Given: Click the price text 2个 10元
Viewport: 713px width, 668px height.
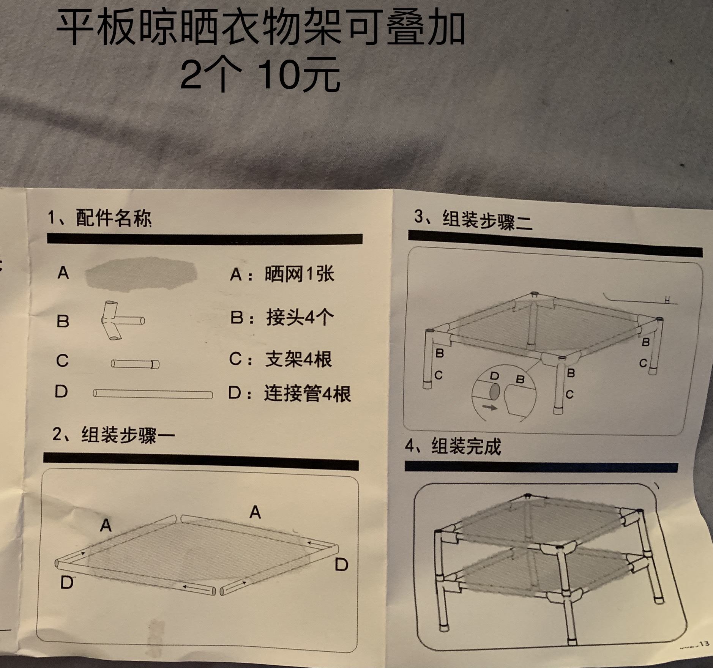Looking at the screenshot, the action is (260, 74).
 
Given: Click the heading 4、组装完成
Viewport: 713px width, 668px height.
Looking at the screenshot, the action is (453, 446).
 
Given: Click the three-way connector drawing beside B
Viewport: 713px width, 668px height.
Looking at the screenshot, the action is (121, 320).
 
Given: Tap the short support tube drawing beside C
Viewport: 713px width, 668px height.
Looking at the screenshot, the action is (135, 364).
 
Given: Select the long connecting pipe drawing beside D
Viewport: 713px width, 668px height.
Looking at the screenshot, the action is (153, 394).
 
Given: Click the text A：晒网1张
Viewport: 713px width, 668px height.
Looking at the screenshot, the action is (282, 274).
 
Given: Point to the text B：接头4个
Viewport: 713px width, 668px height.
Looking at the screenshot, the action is (282, 317).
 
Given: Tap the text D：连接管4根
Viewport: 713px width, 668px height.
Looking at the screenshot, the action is (289, 393).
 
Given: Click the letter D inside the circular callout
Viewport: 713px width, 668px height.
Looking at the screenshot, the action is (494, 377).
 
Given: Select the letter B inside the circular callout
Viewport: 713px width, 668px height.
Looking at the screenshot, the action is (521, 379).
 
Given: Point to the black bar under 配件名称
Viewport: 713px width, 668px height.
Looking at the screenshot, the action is (205, 239).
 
